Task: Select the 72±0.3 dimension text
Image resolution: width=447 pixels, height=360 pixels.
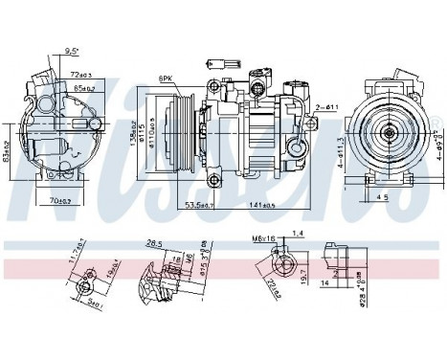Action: pyautogui.click(x=81, y=73)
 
